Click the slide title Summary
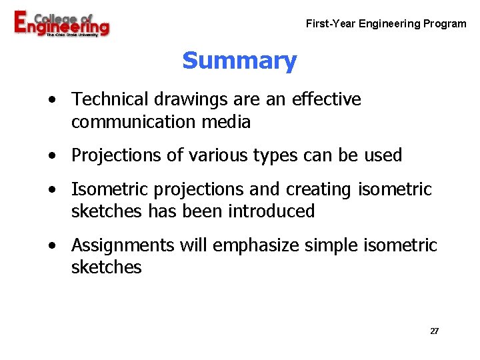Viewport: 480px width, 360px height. [x=239, y=61]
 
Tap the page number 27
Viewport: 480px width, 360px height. [x=434, y=331]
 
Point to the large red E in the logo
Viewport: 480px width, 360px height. [x=22, y=23]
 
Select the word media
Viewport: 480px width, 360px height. [x=229, y=122]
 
